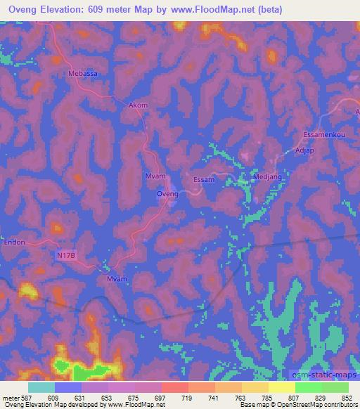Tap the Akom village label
139,105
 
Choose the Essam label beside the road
202,180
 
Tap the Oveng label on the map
167,193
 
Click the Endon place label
14,242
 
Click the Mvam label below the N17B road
116,279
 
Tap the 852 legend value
347,397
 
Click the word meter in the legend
11,397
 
